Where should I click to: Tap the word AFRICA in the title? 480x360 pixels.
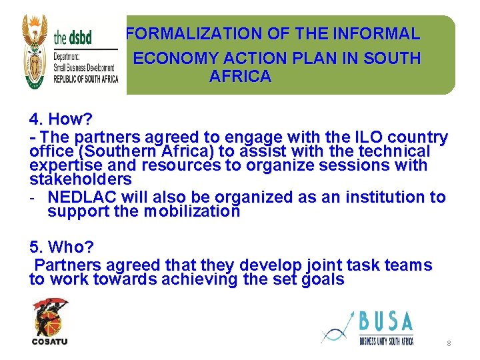pyautogui.click(x=240, y=77)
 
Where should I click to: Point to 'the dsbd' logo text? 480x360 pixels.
pyautogui.click(x=73, y=37)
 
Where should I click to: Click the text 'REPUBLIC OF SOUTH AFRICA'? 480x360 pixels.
pyautogui.click(x=85, y=79)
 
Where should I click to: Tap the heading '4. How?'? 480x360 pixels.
pyautogui.click(x=61, y=119)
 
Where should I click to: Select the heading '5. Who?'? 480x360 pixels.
pyautogui.click(x=62, y=247)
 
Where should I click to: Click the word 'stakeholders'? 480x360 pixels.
pyautogui.click(x=81, y=179)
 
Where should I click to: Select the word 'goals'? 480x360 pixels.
pyautogui.click(x=323, y=279)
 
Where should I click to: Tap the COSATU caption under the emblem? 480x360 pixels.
pyautogui.click(x=50, y=342)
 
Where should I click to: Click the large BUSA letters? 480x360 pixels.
pyautogui.click(x=386, y=322)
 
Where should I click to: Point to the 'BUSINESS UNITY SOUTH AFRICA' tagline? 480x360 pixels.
pyautogui.click(x=386, y=341)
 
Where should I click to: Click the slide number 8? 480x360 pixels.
pyautogui.click(x=449, y=343)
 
